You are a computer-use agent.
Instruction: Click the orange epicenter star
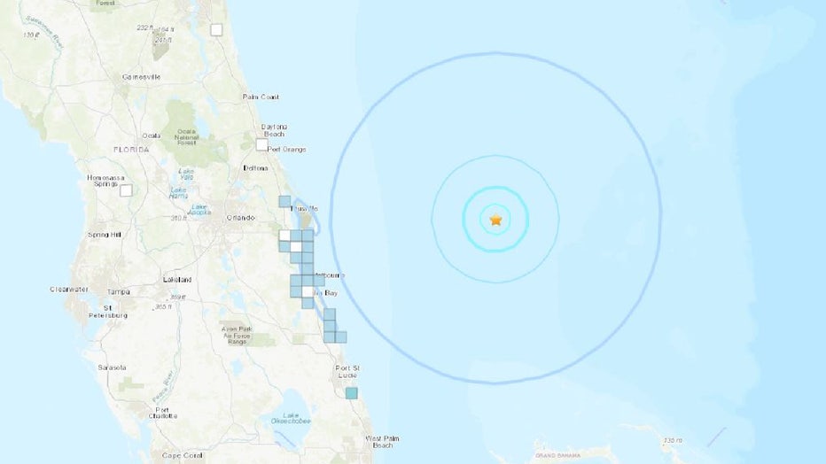click(x=495, y=219)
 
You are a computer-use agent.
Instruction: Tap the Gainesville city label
click(x=142, y=77)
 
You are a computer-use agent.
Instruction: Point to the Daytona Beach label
click(x=273, y=129)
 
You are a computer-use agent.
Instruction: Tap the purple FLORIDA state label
click(x=130, y=150)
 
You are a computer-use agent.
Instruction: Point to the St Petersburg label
click(x=109, y=311)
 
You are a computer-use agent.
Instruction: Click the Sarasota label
click(x=111, y=367)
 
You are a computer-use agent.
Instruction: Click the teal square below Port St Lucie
click(x=352, y=393)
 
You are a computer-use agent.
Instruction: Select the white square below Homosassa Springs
click(x=126, y=189)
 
